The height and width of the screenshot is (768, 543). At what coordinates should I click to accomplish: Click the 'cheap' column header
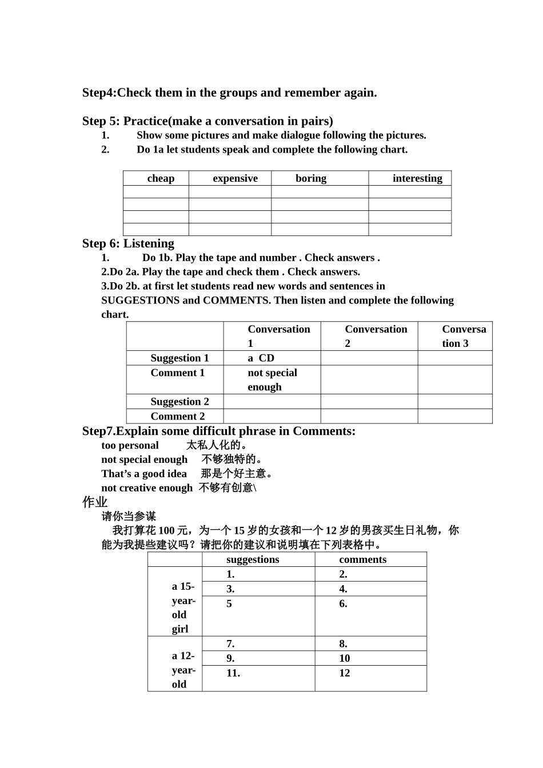(161, 178)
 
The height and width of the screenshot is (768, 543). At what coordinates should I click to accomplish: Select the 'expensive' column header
(235, 178)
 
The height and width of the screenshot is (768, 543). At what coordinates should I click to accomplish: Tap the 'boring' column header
(311, 178)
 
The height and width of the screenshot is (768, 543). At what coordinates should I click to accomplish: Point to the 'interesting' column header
(417, 178)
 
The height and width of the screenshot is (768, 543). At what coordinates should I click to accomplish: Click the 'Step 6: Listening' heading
(128, 243)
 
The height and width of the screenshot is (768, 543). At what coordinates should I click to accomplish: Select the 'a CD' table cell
(261, 358)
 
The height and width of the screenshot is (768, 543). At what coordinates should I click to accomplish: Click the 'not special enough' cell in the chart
(272, 379)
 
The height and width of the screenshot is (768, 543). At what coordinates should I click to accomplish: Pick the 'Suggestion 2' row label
(179, 402)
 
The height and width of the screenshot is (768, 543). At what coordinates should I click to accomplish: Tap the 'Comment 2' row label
(177, 417)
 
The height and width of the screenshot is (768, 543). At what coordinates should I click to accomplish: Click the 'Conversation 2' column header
(376, 336)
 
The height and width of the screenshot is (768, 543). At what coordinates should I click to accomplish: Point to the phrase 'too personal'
(130, 446)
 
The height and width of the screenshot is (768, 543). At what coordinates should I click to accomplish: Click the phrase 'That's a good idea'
(144, 474)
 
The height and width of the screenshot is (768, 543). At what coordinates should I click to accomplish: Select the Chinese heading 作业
(95, 502)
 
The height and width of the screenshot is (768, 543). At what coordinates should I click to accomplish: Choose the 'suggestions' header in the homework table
(253, 560)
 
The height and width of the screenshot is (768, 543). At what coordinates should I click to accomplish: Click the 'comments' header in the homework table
(362, 560)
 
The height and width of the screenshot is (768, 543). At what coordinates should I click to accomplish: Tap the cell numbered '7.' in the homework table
(230, 644)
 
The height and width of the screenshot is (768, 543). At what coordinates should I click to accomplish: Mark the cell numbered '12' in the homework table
(344, 673)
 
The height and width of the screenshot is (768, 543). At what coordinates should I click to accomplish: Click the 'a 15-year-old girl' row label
(183, 607)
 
